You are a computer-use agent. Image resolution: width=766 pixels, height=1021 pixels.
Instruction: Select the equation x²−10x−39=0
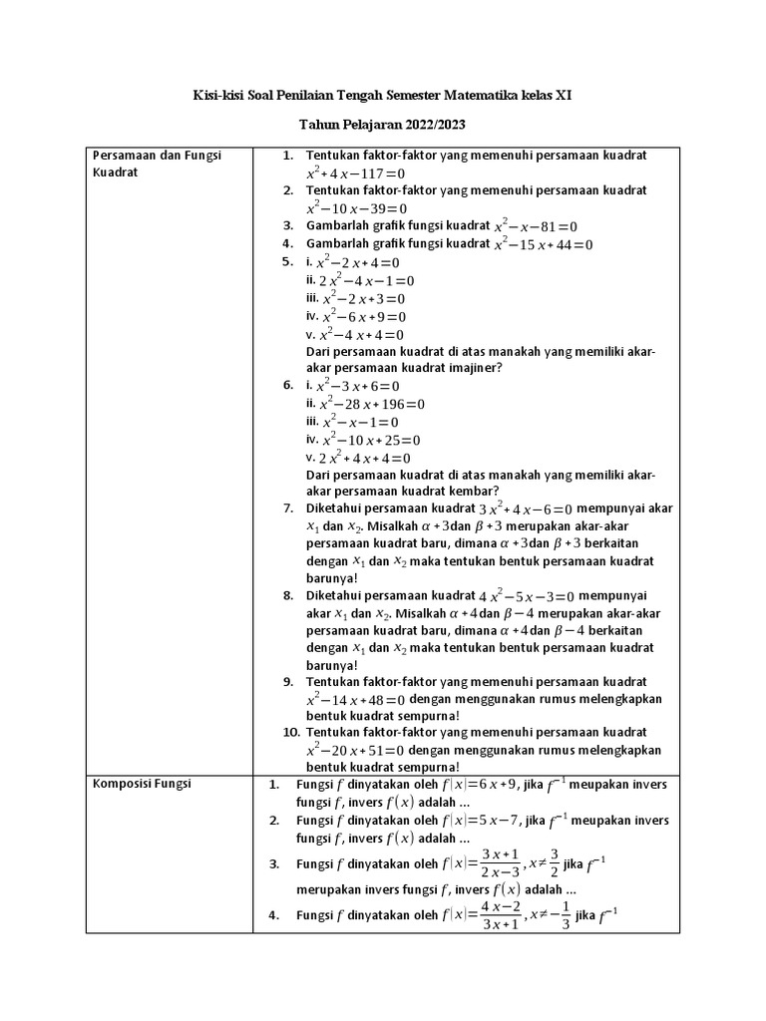(x=357, y=208)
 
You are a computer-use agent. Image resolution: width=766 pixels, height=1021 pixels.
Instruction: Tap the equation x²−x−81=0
(x=536, y=226)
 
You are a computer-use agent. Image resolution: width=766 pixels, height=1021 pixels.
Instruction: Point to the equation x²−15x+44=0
(x=544, y=244)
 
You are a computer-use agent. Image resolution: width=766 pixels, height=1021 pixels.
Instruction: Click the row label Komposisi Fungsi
(x=141, y=784)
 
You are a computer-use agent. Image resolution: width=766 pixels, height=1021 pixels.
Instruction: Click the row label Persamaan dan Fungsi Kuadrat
(x=156, y=164)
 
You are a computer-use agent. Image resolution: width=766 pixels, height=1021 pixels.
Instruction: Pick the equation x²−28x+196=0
(x=372, y=404)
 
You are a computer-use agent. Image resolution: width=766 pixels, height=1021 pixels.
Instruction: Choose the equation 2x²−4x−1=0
(x=366, y=281)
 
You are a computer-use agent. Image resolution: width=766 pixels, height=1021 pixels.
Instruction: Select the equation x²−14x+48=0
(x=357, y=700)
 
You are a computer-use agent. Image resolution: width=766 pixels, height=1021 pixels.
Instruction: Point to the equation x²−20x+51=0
(x=357, y=750)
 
